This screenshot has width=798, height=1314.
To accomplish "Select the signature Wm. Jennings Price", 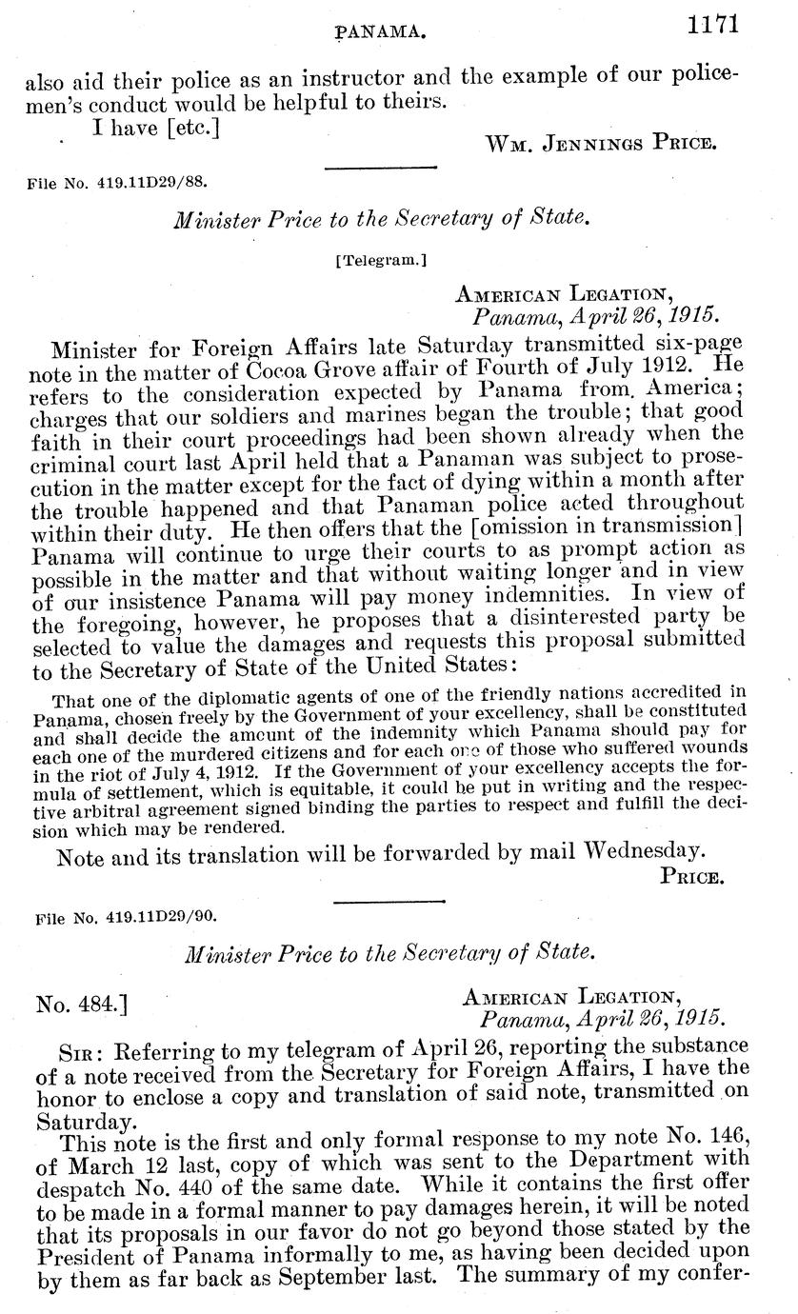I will click(x=600, y=144).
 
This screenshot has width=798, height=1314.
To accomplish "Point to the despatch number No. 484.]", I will click(x=83, y=1004).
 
